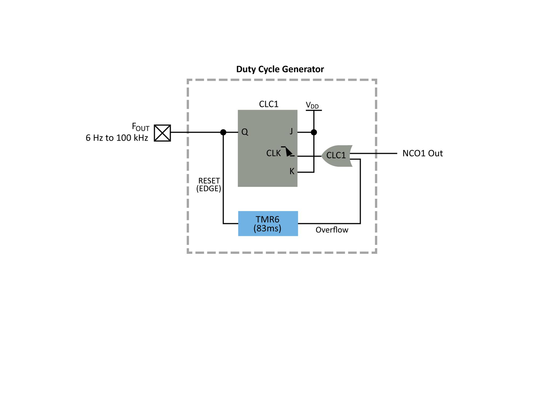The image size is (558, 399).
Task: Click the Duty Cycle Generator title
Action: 280,69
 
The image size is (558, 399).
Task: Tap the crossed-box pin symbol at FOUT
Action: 162,133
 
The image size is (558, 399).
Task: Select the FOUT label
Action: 141,127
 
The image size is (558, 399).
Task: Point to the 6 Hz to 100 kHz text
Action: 117,138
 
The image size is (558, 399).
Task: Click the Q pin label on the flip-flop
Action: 245,132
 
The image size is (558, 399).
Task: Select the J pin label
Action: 291,131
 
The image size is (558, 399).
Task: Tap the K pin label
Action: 292,171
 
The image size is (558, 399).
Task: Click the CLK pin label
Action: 273,153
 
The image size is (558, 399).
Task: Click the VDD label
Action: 312,106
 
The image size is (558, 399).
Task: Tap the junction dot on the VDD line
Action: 314,132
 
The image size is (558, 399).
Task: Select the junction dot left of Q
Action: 223,132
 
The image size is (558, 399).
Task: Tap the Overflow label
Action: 332,230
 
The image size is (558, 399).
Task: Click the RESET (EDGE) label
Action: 209,185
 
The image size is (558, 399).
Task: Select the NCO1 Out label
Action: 422,153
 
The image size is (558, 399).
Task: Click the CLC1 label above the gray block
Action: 269,104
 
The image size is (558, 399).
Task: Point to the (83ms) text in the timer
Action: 267,228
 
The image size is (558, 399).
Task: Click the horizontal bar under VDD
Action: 314,110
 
